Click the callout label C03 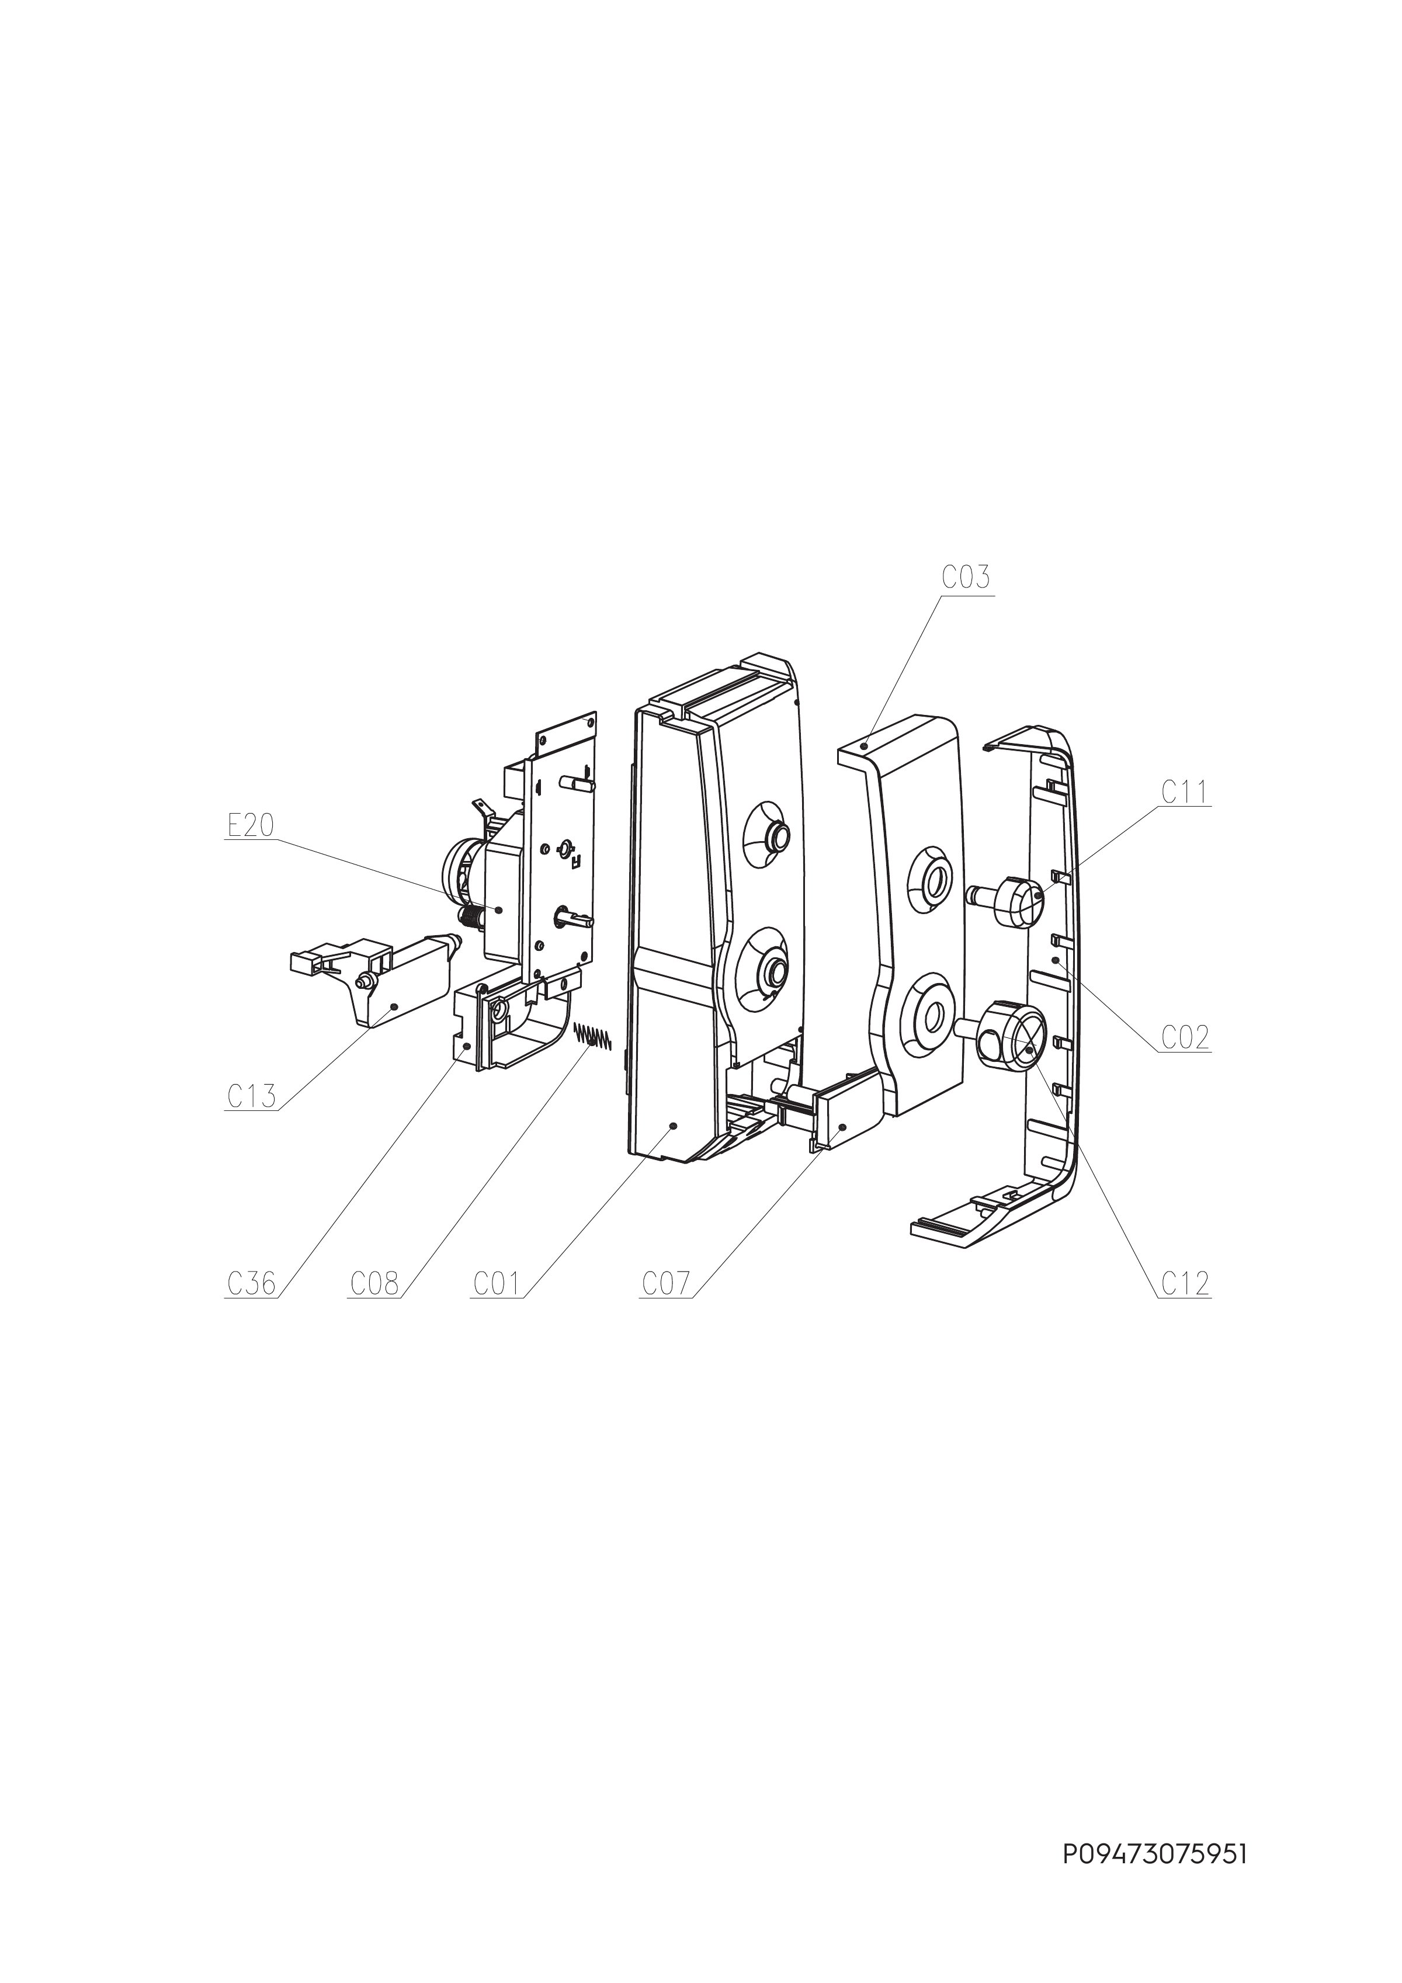966,578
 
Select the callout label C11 1184,792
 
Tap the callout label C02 1184,1037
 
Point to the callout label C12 1184,1284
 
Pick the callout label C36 251,1284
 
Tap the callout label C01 496,1284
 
